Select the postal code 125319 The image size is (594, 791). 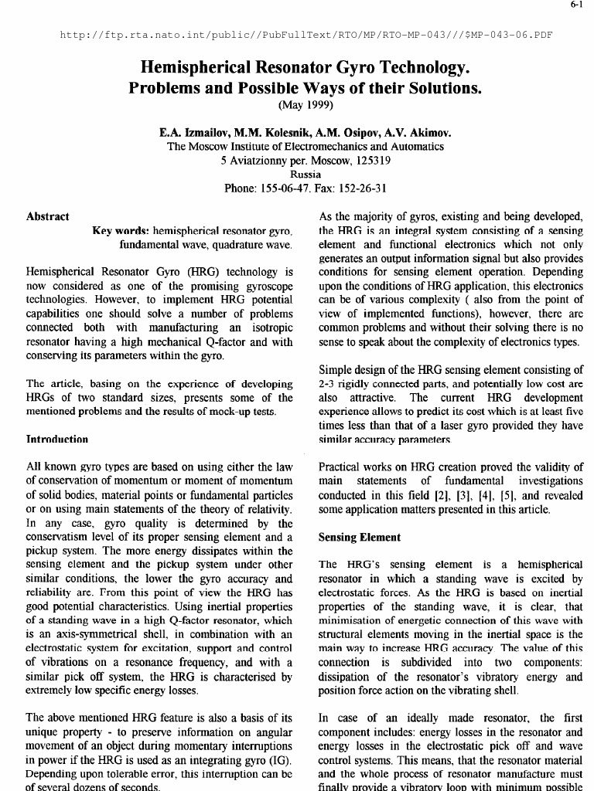coord(370,161)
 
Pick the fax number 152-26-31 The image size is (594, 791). coord(364,188)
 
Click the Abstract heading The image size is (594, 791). coord(48,217)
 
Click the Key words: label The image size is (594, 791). coord(121,231)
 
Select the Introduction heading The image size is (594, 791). coord(57,439)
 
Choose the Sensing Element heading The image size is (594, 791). coord(360,537)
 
